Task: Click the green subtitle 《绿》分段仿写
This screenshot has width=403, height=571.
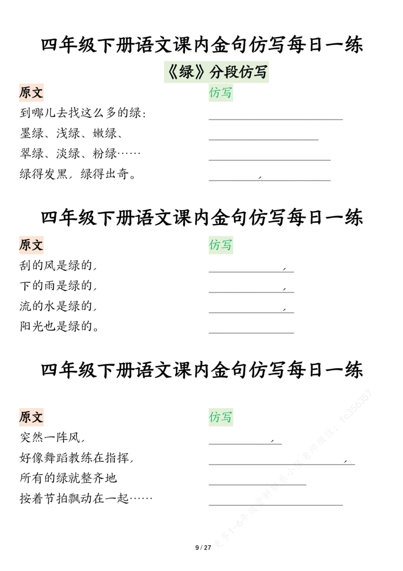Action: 217,72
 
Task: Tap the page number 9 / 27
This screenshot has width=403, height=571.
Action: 203,547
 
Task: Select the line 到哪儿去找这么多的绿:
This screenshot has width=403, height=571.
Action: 83,113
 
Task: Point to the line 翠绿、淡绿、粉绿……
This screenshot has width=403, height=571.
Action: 80,154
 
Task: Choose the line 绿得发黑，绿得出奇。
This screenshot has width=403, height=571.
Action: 78,174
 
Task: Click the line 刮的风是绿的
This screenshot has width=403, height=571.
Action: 58,265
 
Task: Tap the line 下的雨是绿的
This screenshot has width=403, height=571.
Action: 58,286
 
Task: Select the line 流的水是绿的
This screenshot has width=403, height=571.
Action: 58,306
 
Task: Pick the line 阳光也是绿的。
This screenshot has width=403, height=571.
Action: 59,327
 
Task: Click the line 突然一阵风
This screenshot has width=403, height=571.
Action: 52,437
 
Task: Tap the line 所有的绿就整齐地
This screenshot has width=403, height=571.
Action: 69,478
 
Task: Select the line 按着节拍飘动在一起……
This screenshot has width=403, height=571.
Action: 86,498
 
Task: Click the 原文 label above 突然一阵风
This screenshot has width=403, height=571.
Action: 31,417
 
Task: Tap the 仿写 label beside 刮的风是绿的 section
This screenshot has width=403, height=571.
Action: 221,245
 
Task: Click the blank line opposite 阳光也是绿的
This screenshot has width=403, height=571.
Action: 251,333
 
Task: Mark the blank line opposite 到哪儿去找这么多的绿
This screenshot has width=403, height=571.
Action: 276,119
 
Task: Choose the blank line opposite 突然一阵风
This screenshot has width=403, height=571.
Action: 245,444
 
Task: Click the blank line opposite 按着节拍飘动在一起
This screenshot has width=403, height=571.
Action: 276,505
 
